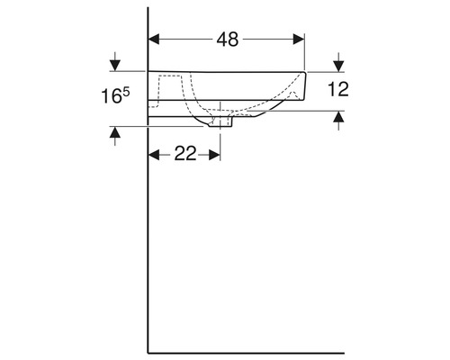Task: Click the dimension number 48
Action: tap(228, 40)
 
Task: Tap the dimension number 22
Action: tap(185, 154)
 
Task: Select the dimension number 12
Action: tap(338, 89)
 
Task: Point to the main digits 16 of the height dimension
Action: tap(111, 96)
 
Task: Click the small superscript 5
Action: tap(126, 92)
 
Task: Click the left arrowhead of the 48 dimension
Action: tap(154, 40)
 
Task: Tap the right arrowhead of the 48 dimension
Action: tap(299, 40)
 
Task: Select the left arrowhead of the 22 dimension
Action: tap(154, 155)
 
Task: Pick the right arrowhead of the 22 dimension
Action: tap(215, 155)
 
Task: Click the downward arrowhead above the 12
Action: tap(338, 67)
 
